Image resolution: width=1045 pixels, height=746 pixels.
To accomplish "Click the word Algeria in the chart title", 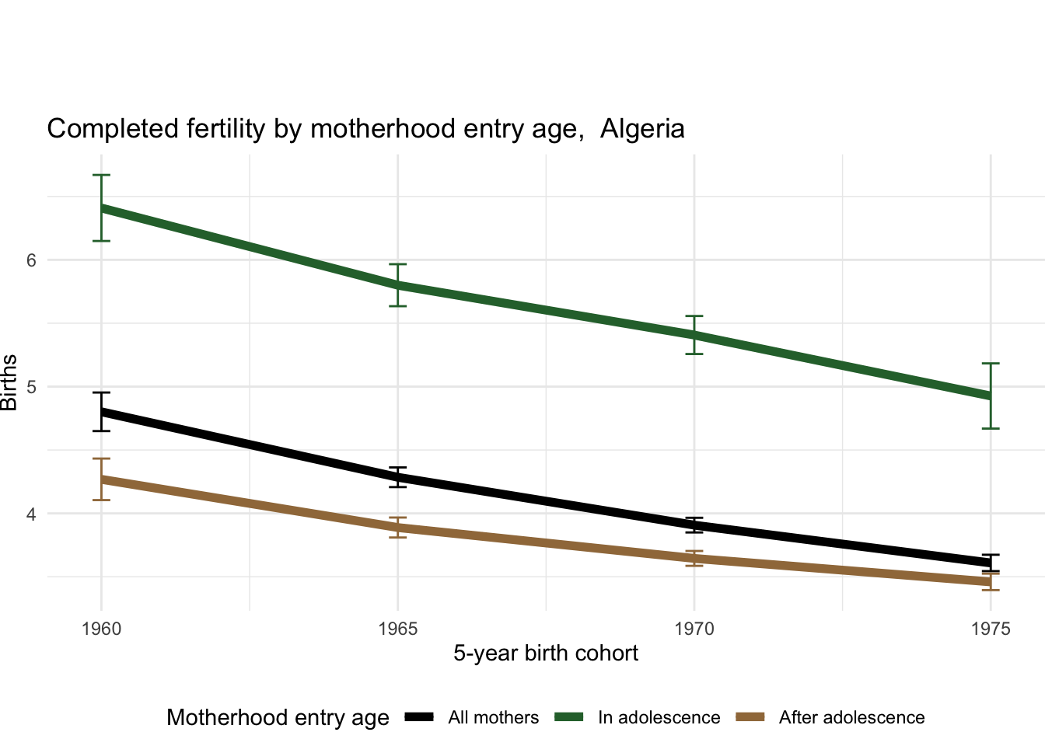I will (x=642, y=128).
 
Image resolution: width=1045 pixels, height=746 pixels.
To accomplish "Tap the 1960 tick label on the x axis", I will (x=101, y=629).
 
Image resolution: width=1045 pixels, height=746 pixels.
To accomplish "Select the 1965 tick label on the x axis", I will (x=398, y=629).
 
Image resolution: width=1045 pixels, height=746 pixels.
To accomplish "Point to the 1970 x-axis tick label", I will (x=694, y=629).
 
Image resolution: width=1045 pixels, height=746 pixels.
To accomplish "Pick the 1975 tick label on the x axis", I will (x=991, y=629).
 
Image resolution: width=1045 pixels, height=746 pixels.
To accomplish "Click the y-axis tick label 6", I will (x=32, y=260).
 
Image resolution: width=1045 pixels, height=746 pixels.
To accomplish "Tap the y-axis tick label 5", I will (x=32, y=387).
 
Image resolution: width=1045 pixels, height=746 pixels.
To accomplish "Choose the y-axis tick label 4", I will (x=32, y=514).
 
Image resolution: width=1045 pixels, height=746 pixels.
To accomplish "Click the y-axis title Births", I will (x=9, y=382).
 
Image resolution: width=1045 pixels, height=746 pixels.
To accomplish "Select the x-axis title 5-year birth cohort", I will (x=546, y=653).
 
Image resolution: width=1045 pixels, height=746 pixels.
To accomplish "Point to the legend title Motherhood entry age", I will (x=278, y=717).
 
